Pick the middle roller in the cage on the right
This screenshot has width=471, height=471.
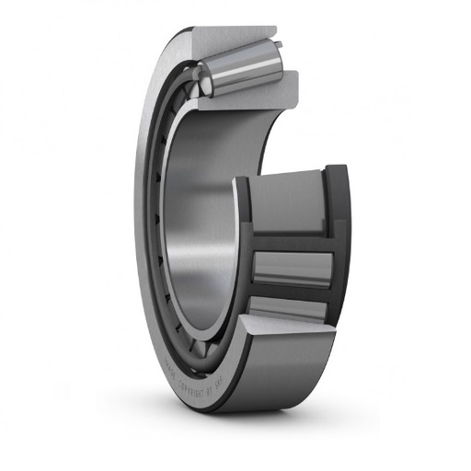pyautogui.click(x=291, y=267)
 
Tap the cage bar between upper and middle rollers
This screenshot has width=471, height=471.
pyautogui.click(x=290, y=241)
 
